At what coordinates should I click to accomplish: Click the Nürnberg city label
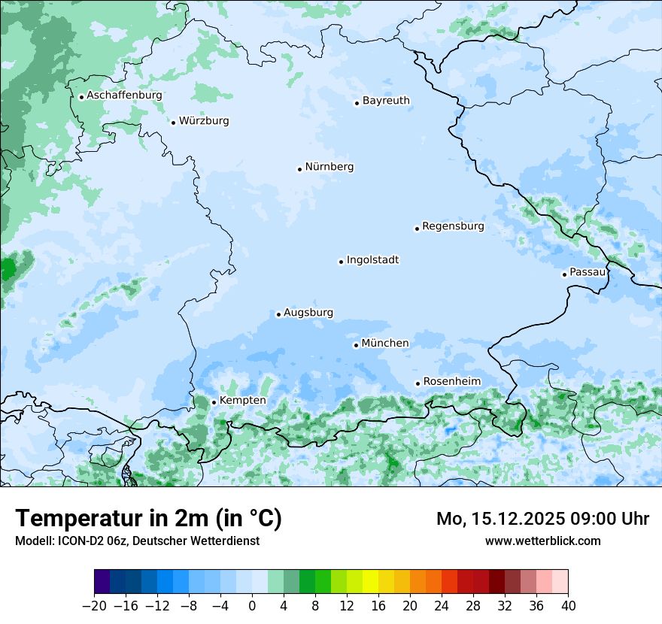coord(329,167)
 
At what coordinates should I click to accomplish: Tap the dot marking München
coord(356,345)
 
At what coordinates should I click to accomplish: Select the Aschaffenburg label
coord(124,95)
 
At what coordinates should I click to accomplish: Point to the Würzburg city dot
coord(173,123)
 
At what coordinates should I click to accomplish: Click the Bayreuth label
coord(386,101)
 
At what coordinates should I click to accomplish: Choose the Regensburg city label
coord(453,226)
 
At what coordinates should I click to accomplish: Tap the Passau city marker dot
coord(564,274)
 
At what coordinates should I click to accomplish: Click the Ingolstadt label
coord(372,260)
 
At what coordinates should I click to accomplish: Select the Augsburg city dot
coord(278,314)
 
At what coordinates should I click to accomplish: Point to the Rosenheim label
coord(451,382)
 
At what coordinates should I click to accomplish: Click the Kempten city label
coord(242,401)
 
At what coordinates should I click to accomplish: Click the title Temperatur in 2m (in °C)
coord(148,519)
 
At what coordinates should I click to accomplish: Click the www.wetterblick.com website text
coord(542,541)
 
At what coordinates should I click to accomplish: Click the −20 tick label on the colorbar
coord(95,606)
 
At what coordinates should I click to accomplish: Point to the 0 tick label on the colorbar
coord(252,606)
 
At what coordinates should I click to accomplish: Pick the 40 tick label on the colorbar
coord(568,606)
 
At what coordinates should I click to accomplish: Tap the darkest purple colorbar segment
coord(102,582)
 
